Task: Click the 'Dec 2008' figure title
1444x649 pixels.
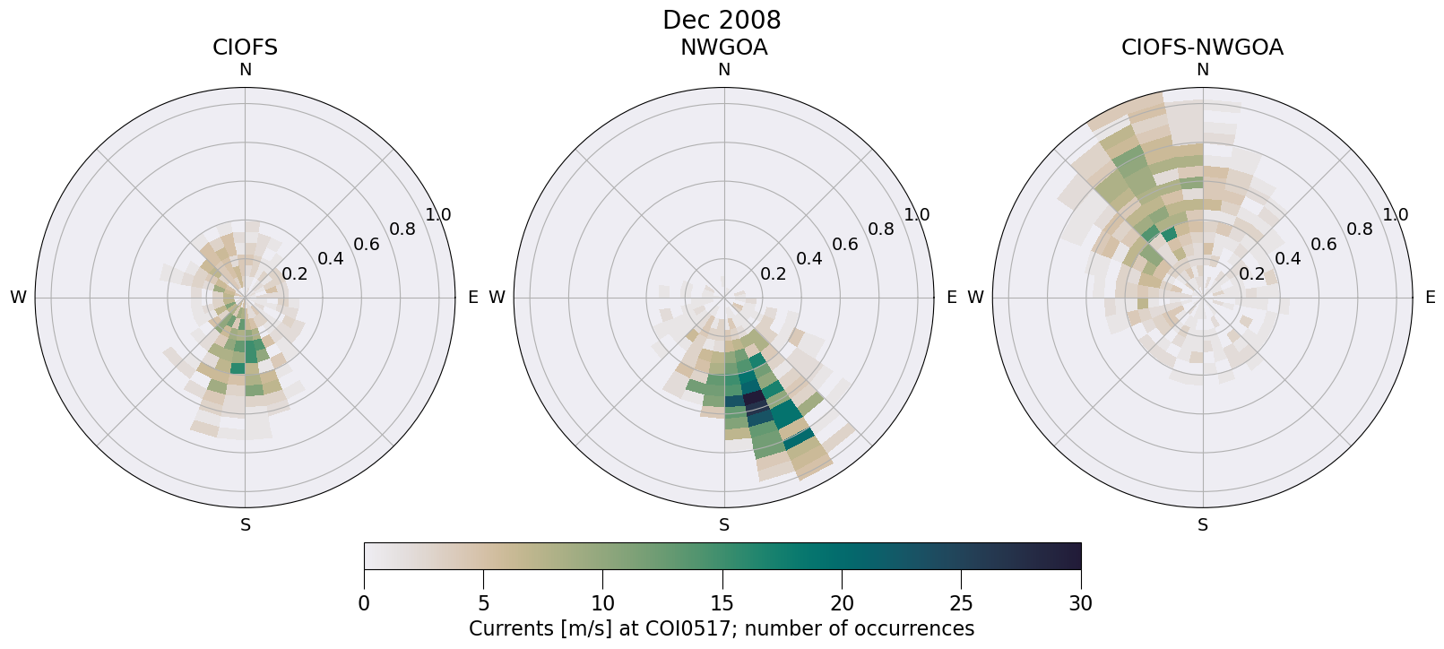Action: pyautogui.click(x=722, y=20)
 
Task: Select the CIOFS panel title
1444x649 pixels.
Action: pyautogui.click(x=245, y=48)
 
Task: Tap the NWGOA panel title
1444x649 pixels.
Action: pyautogui.click(x=723, y=48)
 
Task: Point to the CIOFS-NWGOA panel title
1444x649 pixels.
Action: pyautogui.click(x=1202, y=48)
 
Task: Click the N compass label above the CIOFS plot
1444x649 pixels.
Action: pyautogui.click(x=245, y=70)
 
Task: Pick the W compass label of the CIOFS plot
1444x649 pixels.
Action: pyautogui.click(x=18, y=298)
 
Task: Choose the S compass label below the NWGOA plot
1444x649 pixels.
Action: pyautogui.click(x=723, y=525)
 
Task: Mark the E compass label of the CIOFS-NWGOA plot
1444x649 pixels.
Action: pyautogui.click(x=1430, y=298)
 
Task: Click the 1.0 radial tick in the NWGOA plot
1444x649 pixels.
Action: pyautogui.click(x=916, y=215)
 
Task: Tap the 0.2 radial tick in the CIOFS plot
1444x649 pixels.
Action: pyautogui.click(x=294, y=274)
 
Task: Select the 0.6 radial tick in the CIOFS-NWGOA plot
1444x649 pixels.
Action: pyautogui.click(x=1323, y=245)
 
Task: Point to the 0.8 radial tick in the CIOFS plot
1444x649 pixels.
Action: pyautogui.click(x=402, y=229)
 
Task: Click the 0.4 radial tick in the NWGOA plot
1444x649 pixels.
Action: pyautogui.click(x=808, y=259)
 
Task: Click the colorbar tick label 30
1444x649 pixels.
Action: pyautogui.click(x=1080, y=604)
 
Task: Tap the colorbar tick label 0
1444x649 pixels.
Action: pyautogui.click(x=364, y=604)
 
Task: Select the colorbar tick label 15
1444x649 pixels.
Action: pyautogui.click(x=722, y=604)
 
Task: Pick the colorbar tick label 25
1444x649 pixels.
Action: pyautogui.click(x=961, y=604)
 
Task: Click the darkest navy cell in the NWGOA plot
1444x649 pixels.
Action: pyautogui.click(x=754, y=398)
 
